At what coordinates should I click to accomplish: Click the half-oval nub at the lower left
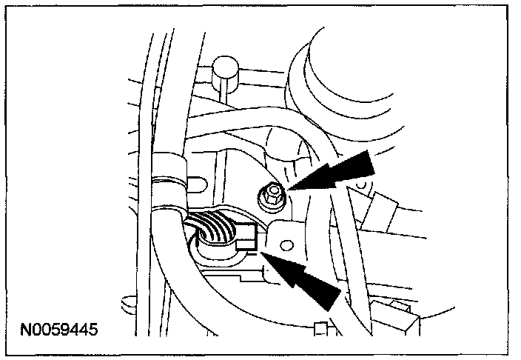(125, 301)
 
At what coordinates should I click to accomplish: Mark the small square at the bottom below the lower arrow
(319, 327)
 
